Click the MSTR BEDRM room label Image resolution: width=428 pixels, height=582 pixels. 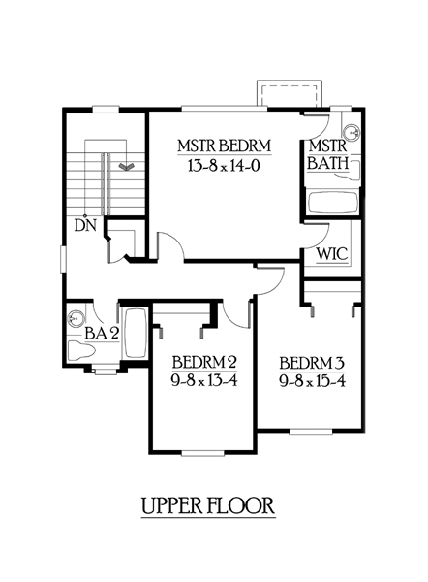pos(225,145)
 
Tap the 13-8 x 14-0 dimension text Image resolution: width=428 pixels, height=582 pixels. pos(224,166)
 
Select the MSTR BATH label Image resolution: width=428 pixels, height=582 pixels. pos(328,155)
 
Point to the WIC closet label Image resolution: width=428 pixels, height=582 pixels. pos(332,254)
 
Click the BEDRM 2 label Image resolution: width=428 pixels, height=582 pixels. pos(204,362)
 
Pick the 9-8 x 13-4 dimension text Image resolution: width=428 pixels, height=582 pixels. pos(204,381)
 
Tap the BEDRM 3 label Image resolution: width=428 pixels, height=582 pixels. pos(312,363)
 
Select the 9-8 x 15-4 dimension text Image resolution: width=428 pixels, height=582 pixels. pos(313,381)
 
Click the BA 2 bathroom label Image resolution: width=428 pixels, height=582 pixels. pos(102,334)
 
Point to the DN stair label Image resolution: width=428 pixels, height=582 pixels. pos(85,225)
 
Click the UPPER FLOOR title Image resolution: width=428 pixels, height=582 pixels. pos(208,505)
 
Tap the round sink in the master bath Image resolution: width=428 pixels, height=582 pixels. pos(351,133)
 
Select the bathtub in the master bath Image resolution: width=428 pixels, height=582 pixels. pos(332,203)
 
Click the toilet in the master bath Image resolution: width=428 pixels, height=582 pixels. pos(352,171)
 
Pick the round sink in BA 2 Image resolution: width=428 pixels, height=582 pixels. pos(76,318)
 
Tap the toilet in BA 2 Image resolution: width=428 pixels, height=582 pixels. pos(81,351)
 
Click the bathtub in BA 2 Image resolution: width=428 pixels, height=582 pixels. pos(135,334)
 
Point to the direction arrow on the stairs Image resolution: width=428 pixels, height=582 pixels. pos(126,166)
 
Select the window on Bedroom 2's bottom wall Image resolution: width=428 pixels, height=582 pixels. pos(202,452)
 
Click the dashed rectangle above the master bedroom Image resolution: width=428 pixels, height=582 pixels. pos(290,95)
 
